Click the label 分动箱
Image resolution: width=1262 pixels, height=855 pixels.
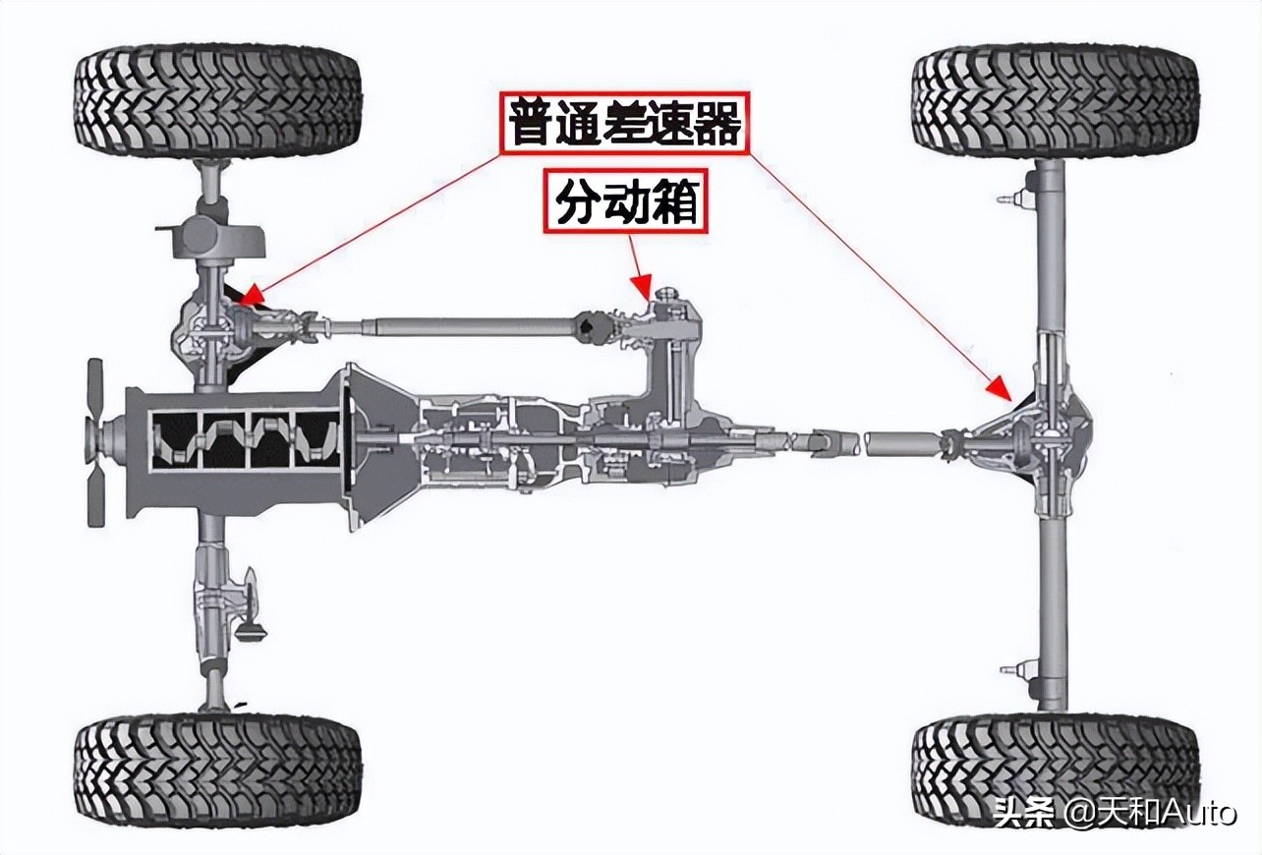pyautogui.click(x=625, y=204)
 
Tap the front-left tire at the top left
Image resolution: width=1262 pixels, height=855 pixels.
pyautogui.click(x=217, y=102)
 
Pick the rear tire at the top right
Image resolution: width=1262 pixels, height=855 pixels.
pyautogui.click(x=1055, y=102)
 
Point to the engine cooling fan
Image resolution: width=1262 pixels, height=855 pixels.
pyautogui.click(x=95, y=442)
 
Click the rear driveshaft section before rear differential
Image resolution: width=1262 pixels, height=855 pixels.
pyautogui.click(x=899, y=442)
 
